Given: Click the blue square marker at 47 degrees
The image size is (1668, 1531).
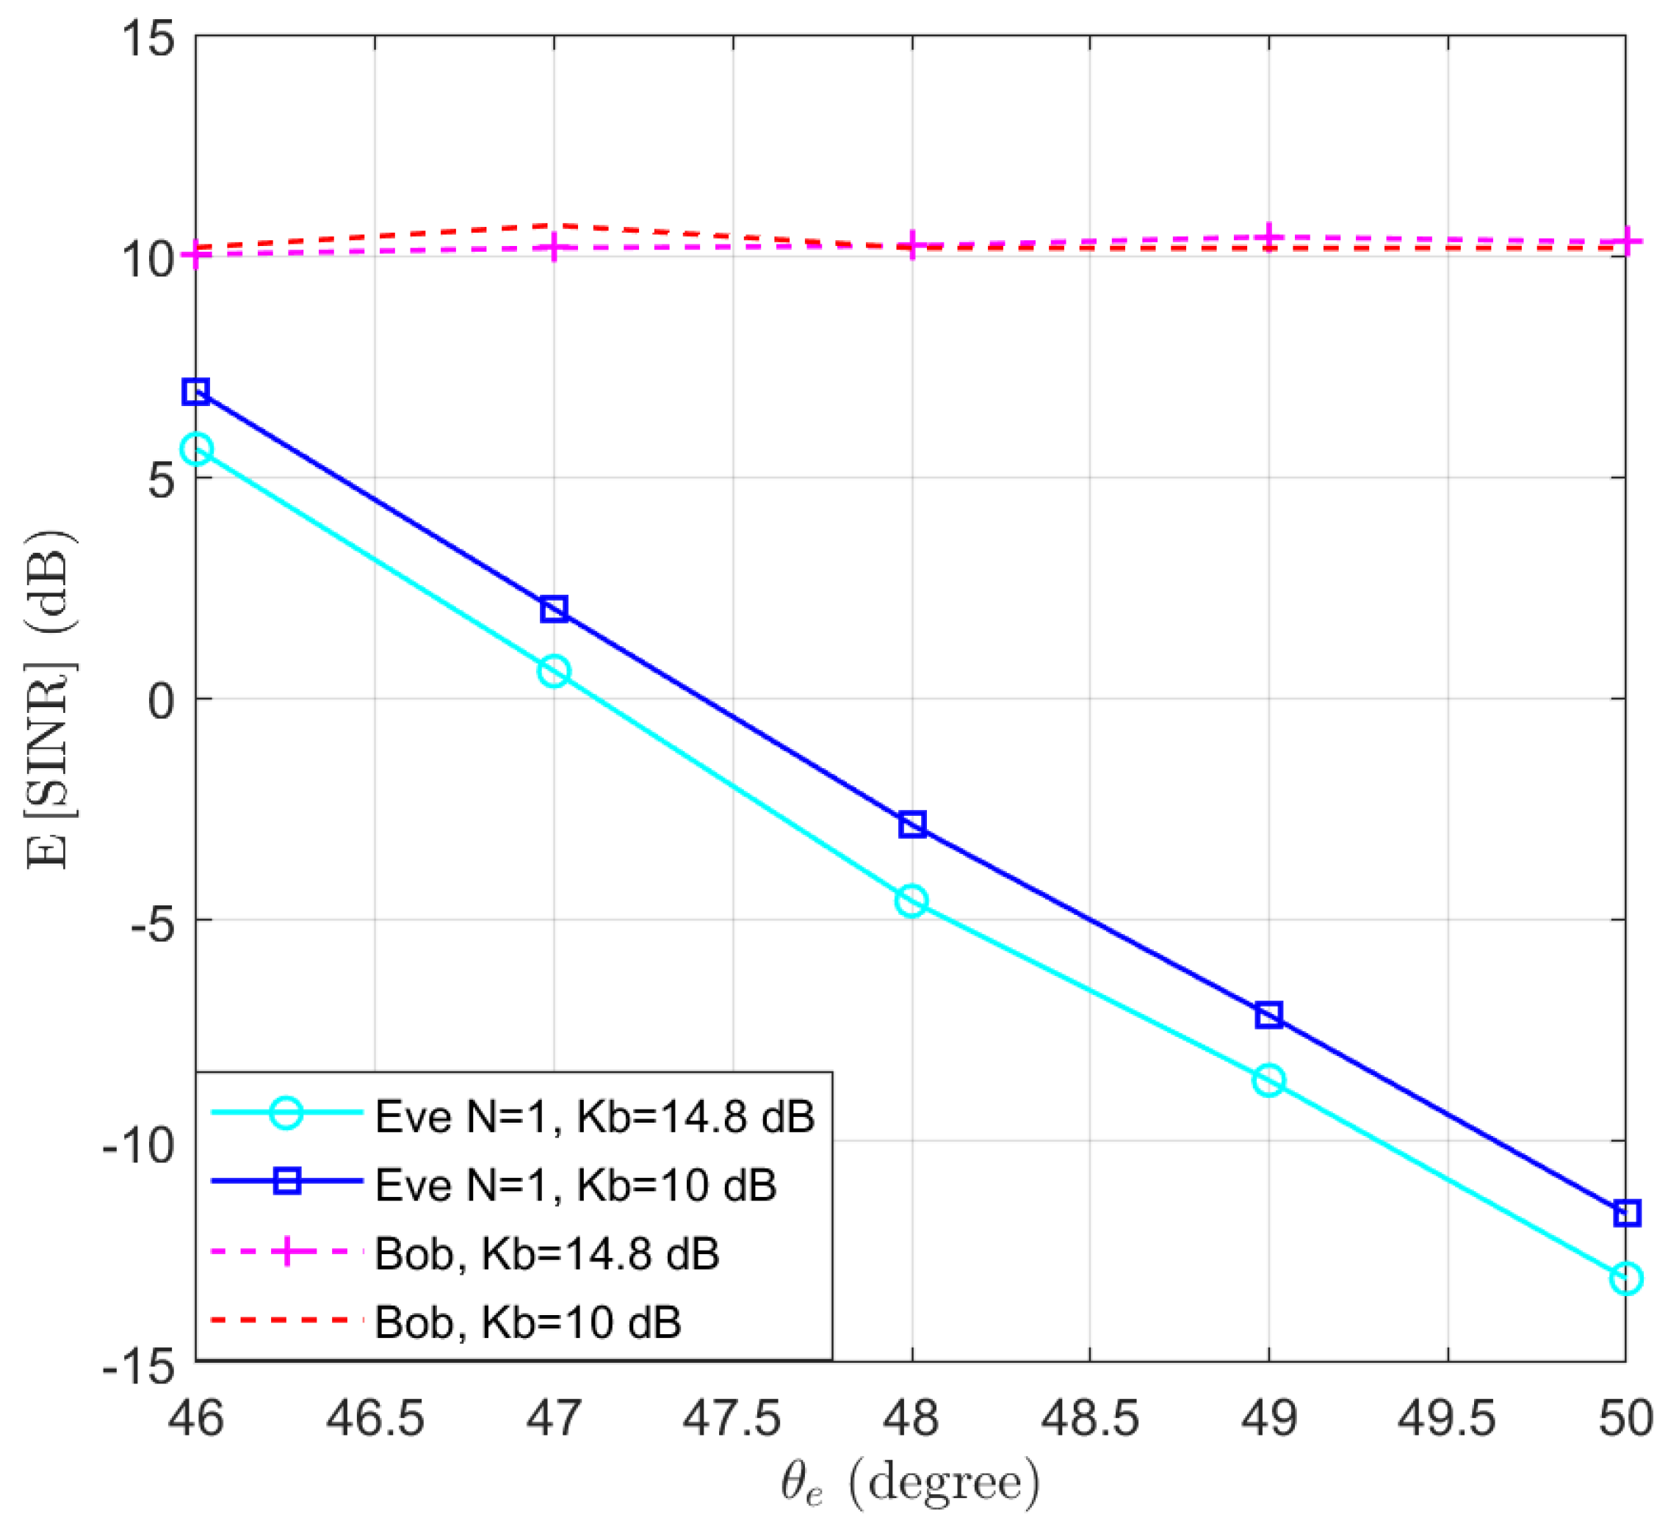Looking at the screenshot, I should pos(554,609).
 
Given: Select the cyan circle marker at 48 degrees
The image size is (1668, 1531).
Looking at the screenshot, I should pos(911,900).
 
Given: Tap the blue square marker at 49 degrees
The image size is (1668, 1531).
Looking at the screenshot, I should pos(1268,1015).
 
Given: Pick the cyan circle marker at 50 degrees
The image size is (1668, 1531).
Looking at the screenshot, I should pos(1625,1278).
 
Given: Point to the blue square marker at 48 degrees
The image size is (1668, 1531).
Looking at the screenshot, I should pos(911,825).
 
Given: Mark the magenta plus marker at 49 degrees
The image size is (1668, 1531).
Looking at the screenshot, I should pos(1268,239).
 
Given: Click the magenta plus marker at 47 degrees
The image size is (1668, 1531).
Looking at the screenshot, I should pos(554,247).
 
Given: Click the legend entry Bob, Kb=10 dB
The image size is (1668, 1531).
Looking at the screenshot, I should pos(527,1322).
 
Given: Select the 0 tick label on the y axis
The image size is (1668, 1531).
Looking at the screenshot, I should pos(162,700).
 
